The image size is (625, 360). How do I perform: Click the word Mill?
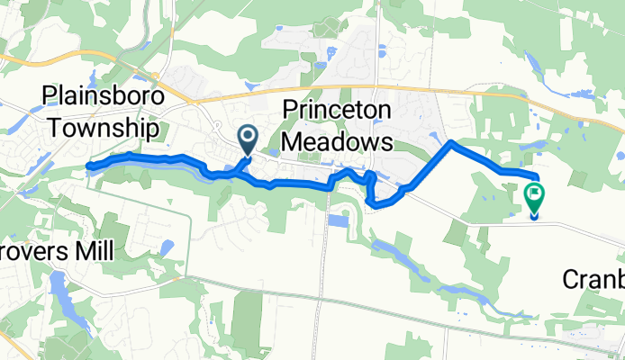pyautogui.click(x=94, y=251)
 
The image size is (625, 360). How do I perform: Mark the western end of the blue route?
pyautogui.click(x=87, y=166)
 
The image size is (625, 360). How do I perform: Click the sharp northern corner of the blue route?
pyautogui.click(x=450, y=142)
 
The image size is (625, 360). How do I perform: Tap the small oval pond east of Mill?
pyautogui.click(x=167, y=247)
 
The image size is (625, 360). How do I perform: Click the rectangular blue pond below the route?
pyautogui.click(x=340, y=220)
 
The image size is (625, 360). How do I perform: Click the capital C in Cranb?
pyautogui.click(x=571, y=279)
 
